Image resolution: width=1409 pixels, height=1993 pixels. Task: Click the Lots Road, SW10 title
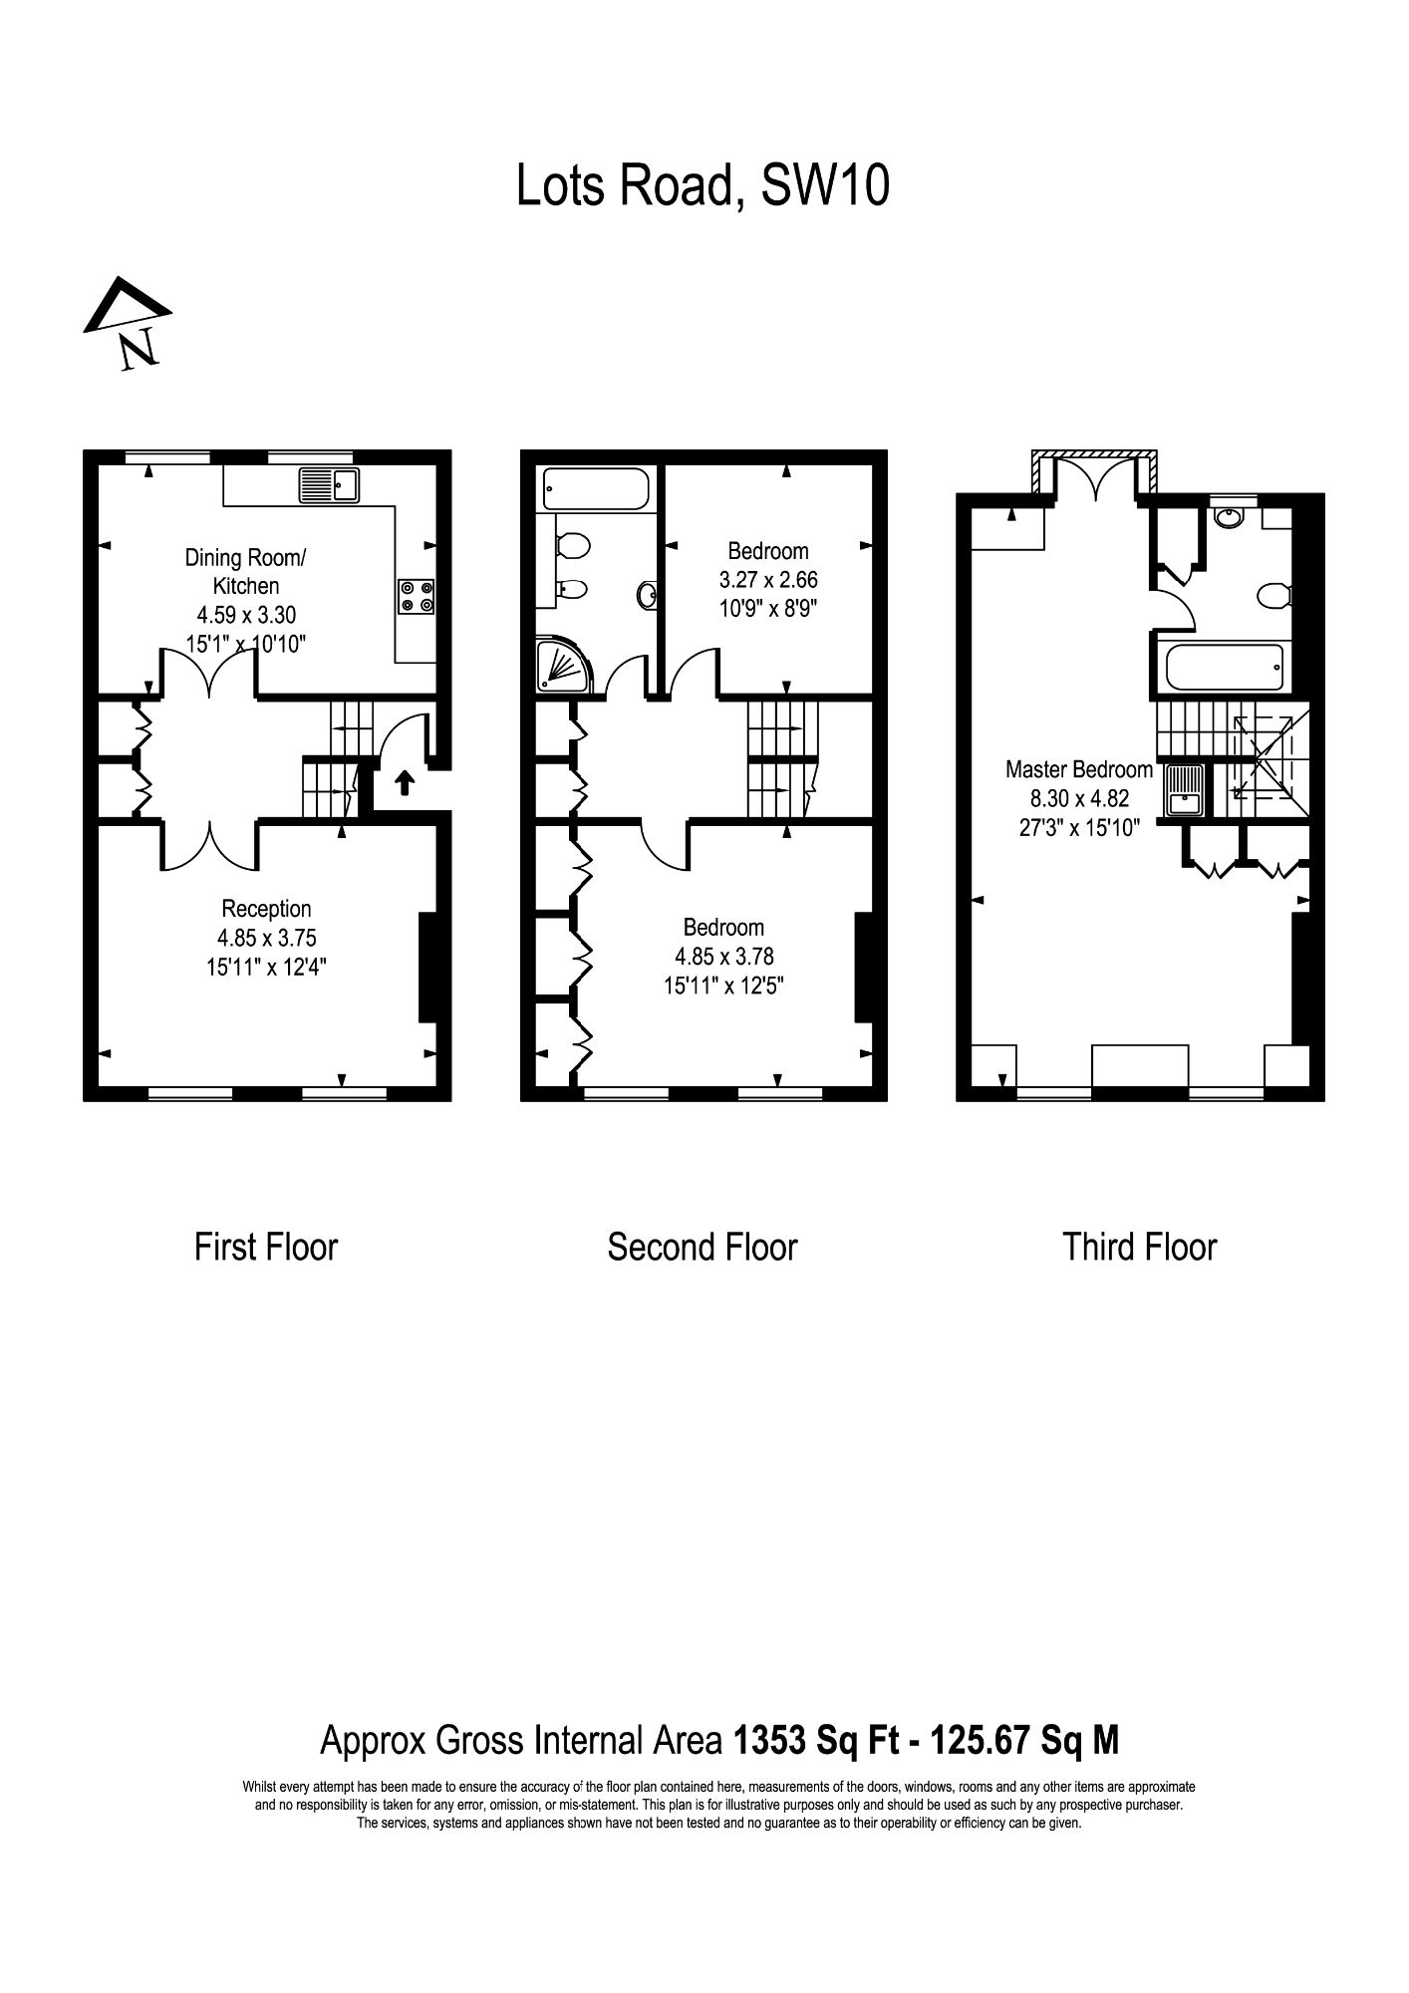[x=703, y=185]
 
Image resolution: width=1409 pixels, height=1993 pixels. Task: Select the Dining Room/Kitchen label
[x=246, y=571]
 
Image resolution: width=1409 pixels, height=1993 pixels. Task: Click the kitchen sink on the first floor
[x=328, y=485]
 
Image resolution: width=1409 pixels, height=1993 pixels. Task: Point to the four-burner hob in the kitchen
[x=416, y=596]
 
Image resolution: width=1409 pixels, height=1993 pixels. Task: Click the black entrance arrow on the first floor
[x=405, y=782]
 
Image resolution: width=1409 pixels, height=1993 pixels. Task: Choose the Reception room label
[x=266, y=908]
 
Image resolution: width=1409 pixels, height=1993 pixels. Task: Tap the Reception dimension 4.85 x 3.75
[x=267, y=937]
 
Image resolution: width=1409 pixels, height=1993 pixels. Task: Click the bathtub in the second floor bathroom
[x=596, y=489]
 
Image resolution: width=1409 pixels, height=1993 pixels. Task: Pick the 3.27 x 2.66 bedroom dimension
[x=768, y=579]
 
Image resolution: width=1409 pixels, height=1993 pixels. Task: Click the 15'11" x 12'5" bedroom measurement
[x=723, y=986]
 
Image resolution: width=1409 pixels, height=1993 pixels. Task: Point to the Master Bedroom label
[x=1079, y=769]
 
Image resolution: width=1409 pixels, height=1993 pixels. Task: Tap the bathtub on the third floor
[x=1225, y=667]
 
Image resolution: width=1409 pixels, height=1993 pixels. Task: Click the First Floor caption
[x=266, y=1247]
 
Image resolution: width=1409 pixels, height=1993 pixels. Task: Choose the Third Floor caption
[x=1140, y=1247]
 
